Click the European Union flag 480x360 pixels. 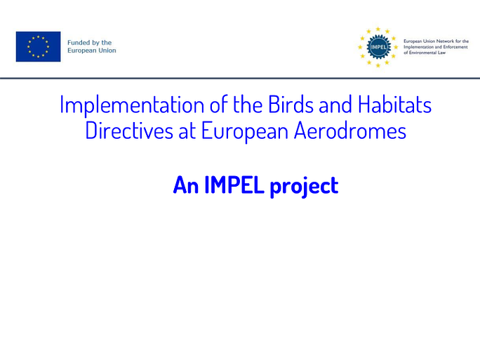point(39,46)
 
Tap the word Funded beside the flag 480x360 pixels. point(78,43)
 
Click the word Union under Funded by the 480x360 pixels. point(107,51)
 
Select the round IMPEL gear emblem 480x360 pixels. point(379,47)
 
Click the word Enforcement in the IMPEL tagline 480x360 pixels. point(455,47)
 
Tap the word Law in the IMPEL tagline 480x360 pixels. point(441,53)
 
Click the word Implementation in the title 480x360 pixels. point(132,105)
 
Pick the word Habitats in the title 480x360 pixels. point(394,105)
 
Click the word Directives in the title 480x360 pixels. point(129,131)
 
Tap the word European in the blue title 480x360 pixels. point(245,132)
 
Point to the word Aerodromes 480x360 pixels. point(350,131)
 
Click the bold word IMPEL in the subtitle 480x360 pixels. point(234,185)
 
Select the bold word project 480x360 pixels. point(305,186)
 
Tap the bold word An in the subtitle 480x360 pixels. point(186,185)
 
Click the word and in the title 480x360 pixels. point(335,105)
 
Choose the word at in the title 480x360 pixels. point(187,132)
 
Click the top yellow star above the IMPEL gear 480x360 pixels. point(378,29)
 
